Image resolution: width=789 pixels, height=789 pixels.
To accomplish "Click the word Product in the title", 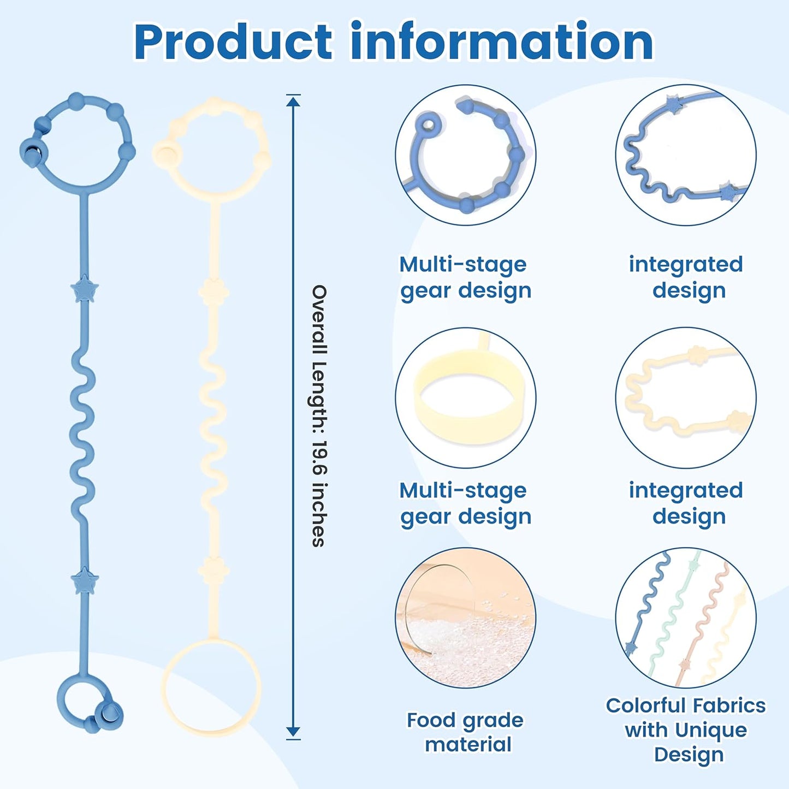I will pos(233,42).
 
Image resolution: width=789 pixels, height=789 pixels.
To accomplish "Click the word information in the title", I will pos(501,42).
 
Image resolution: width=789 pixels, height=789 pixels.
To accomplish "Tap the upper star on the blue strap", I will pos(84,289).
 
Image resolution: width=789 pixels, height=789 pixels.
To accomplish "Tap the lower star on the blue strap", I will pos(85,580).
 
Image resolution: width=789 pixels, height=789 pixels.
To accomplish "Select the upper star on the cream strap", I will pos(213,292).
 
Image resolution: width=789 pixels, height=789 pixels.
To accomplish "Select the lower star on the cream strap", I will pos(213,571).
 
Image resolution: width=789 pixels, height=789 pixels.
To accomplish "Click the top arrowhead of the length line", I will pos(293,101).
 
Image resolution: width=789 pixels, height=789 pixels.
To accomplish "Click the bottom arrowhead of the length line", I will pos(293,732).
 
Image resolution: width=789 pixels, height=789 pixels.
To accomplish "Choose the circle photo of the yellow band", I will pos(465,398).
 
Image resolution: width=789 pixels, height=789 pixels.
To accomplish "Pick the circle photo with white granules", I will pos(465,618).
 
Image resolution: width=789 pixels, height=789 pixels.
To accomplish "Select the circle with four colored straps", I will pos(686,618).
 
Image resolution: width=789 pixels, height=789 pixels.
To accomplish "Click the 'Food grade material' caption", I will pos(465,732).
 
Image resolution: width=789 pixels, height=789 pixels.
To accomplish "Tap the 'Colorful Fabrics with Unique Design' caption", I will pos(686,730).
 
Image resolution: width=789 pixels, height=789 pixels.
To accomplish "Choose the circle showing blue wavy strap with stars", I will pos(686,155).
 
